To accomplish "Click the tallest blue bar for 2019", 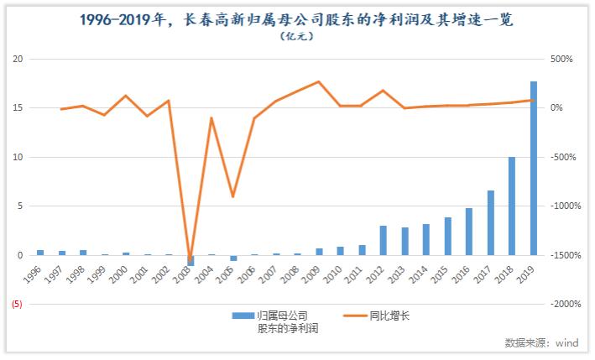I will pyautogui.click(x=534, y=168).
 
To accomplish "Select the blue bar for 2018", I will pyautogui.click(x=512, y=206).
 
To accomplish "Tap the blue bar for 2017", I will pyautogui.click(x=490, y=222).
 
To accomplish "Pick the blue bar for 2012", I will pyautogui.click(x=383, y=240).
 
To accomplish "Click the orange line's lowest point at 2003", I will pyautogui.click(x=191, y=258).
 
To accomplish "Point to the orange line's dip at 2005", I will pyautogui.click(x=233, y=196).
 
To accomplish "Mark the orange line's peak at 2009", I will pyautogui.click(x=319, y=82).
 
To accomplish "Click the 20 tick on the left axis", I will pyautogui.click(x=18, y=60).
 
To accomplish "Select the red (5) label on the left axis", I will pyautogui.click(x=17, y=304).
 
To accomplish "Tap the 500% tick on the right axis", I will pyautogui.click(x=561, y=60).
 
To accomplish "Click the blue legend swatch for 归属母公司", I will pyautogui.click(x=243, y=316).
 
